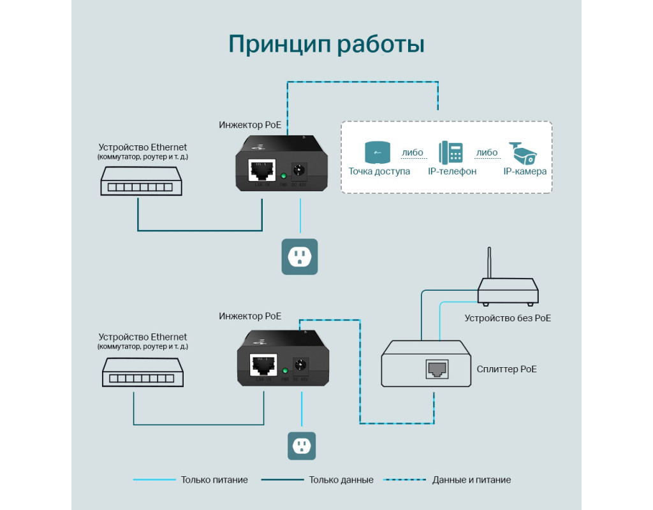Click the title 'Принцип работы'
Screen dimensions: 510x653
point(326,45)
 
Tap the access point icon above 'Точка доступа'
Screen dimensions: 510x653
point(378,153)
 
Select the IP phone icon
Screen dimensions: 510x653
point(451,153)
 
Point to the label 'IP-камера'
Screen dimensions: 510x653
point(525,171)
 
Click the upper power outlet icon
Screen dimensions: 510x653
point(300,257)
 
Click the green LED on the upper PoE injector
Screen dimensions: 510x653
point(283,175)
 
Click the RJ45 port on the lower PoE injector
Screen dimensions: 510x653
point(263,366)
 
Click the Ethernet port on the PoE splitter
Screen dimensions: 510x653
point(437,368)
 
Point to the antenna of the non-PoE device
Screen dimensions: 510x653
point(488,263)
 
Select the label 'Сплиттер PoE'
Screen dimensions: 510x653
point(507,368)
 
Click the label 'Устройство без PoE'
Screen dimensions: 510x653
point(508,317)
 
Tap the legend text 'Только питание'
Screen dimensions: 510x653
point(214,480)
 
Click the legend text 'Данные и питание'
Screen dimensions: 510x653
point(471,480)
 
